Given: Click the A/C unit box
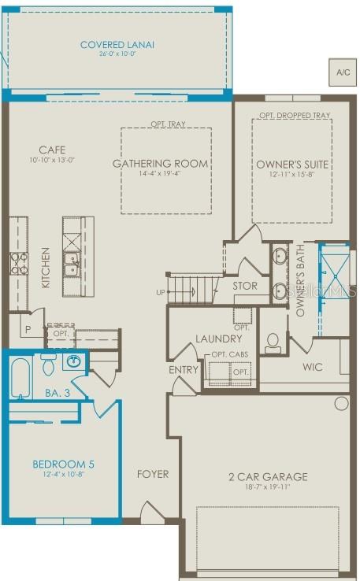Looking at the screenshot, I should [x=343, y=72].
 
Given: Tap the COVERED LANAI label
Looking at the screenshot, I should [x=117, y=45].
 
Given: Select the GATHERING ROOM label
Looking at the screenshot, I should [x=161, y=164].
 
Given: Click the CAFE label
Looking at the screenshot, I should [x=52, y=150].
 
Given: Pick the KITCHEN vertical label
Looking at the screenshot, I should [x=46, y=267].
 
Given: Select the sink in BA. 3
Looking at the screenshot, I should [x=73, y=362].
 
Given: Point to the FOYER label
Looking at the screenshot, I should [x=153, y=474].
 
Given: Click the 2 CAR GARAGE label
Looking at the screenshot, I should [x=269, y=476].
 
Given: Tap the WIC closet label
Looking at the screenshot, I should [x=313, y=367].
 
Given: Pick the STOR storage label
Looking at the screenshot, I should [x=244, y=286].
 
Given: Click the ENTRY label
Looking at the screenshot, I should [x=184, y=369].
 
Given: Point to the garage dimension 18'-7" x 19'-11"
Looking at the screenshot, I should [x=269, y=488].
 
